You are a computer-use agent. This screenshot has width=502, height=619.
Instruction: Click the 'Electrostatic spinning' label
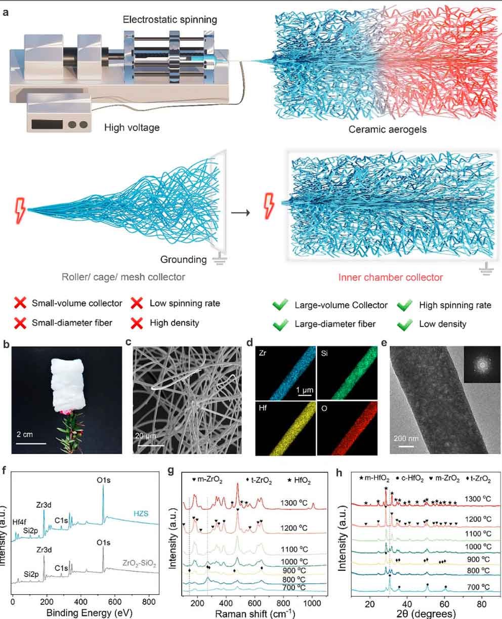170,20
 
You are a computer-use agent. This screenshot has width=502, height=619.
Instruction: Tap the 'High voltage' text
132,128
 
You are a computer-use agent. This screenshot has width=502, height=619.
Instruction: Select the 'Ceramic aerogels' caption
388,130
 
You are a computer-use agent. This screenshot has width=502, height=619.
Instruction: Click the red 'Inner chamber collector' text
391,277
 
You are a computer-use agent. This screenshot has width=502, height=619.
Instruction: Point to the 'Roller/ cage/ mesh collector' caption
123,277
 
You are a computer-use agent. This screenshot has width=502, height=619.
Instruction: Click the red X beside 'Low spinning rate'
137,303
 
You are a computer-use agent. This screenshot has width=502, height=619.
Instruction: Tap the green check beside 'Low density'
405,324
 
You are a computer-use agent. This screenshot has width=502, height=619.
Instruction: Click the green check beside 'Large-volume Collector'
280,305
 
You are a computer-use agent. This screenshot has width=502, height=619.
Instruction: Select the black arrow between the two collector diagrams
240,213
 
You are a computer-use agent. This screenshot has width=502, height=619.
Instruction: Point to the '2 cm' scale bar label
24,434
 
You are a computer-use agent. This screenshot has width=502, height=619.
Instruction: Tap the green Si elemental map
347,373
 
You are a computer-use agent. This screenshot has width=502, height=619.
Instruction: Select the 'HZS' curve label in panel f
141,514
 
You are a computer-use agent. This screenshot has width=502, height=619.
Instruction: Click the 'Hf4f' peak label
19,522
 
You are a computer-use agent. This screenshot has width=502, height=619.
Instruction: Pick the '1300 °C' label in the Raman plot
294,503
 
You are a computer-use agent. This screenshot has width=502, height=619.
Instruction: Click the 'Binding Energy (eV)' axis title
89,612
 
